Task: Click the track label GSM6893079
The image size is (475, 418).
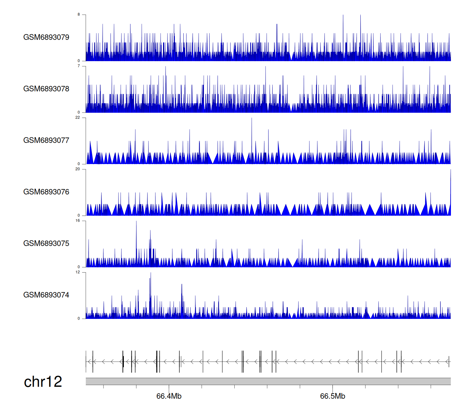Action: click(x=46, y=37)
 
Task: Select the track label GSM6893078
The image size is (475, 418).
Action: click(x=46, y=89)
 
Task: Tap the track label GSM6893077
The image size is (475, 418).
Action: click(x=46, y=140)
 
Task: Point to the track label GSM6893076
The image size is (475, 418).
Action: click(x=46, y=192)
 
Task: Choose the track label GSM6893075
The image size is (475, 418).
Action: click(x=46, y=244)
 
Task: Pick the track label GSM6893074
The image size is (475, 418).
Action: click(x=46, y=295)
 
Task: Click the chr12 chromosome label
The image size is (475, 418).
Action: click(x=43, y=382)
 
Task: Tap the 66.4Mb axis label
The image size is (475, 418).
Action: click(x=169, y=396)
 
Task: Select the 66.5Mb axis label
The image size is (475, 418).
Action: click(x=332, y=396)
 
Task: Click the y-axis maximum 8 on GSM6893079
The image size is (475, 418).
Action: click(x=79, y=15)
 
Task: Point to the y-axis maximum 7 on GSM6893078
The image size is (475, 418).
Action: click(x=79, y=66)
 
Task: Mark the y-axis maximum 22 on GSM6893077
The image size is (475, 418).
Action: click(x=78, y=118)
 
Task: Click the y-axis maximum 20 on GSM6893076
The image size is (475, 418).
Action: click(x=78, y=169)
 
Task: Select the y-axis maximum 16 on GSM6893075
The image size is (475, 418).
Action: click(x=78, y=221)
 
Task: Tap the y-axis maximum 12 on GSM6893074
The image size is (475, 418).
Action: click(x=78, y=272)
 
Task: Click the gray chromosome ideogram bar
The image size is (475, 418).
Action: click(x=268, y=381)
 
